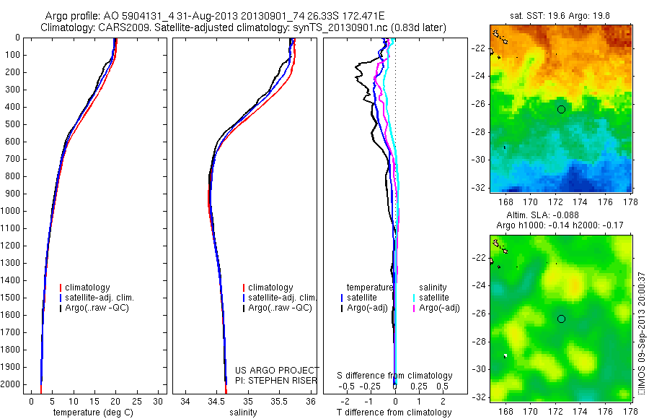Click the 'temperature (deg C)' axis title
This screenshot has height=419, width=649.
[95, 412]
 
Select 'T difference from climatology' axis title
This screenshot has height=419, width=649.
[394, 412]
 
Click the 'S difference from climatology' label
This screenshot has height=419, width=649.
[394, 376]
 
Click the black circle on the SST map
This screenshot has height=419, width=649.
[561, 109]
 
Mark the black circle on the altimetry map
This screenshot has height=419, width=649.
[561, 319]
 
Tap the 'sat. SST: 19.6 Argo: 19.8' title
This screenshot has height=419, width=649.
[560, 14]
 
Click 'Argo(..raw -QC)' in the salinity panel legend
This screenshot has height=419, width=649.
[280, 308]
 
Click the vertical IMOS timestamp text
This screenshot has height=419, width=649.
[642, 332]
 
